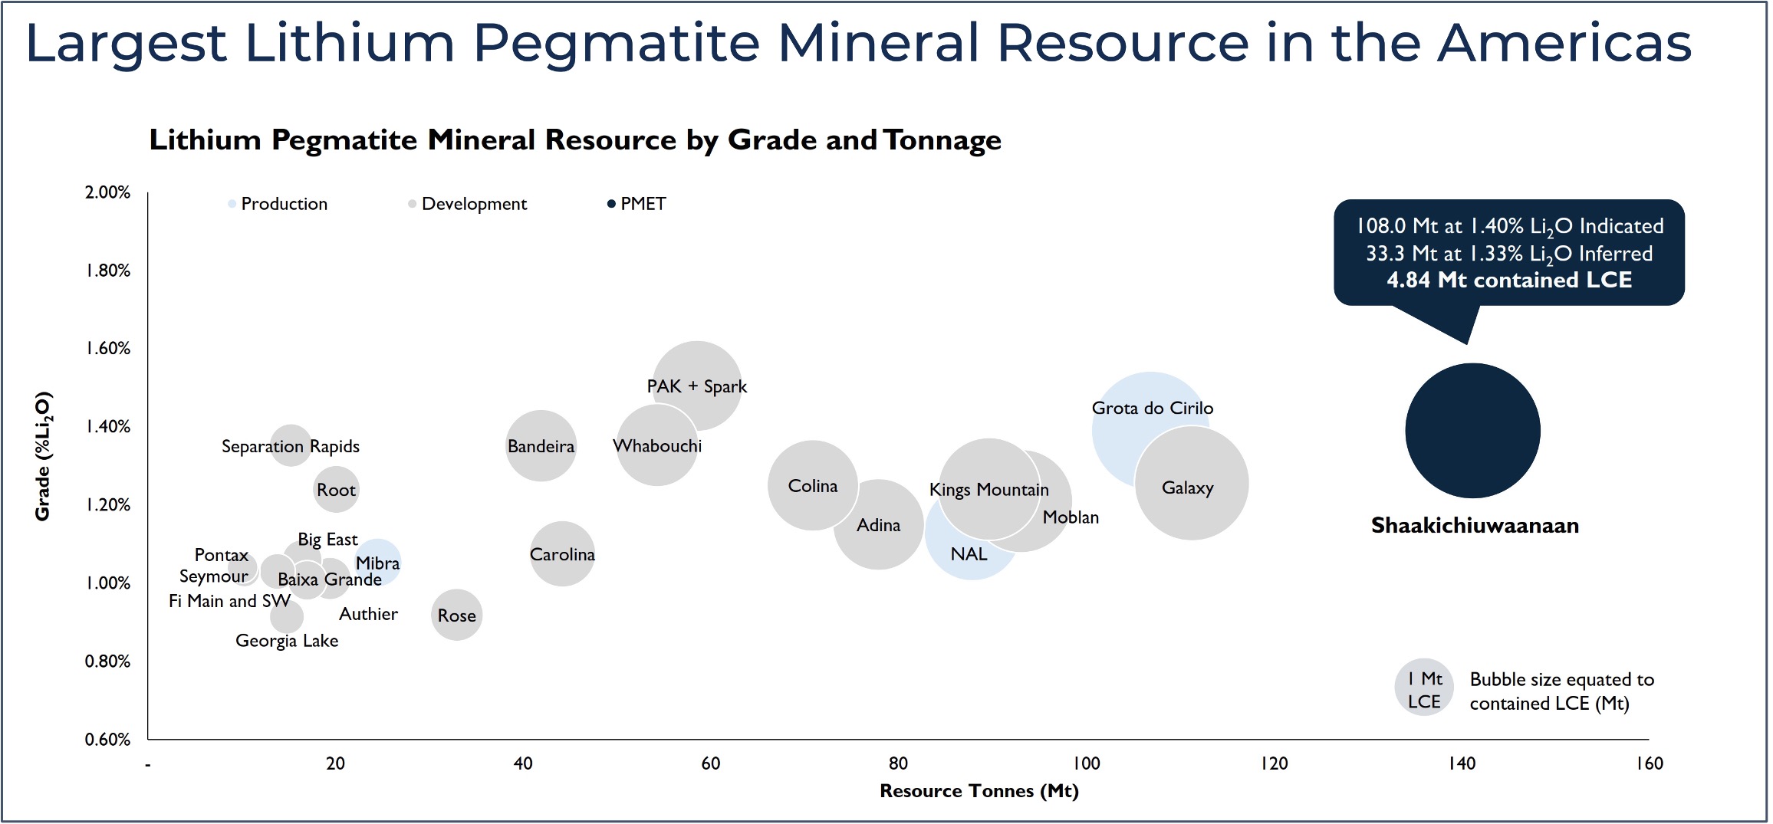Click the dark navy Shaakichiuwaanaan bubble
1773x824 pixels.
[1472, 430]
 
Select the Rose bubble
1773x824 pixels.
[456, 615]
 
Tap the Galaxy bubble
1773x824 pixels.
[1191, 483]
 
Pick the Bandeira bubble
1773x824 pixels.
[541, 445]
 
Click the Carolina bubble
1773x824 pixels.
[562, 553]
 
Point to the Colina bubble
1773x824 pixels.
[812, 485]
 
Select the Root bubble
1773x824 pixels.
[336, 490]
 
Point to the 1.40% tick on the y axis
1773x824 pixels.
[107, 427]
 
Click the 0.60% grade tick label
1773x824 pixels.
[107, 740]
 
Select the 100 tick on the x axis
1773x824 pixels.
[1086, 763]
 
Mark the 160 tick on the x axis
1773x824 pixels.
[1649, 763]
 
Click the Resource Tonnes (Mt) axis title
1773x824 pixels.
[979, 791]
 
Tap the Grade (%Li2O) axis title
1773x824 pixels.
[43, 456]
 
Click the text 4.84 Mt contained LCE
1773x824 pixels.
[1508, 280]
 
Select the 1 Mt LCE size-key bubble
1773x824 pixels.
[1424, 688]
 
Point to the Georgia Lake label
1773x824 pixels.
[287, 641]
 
